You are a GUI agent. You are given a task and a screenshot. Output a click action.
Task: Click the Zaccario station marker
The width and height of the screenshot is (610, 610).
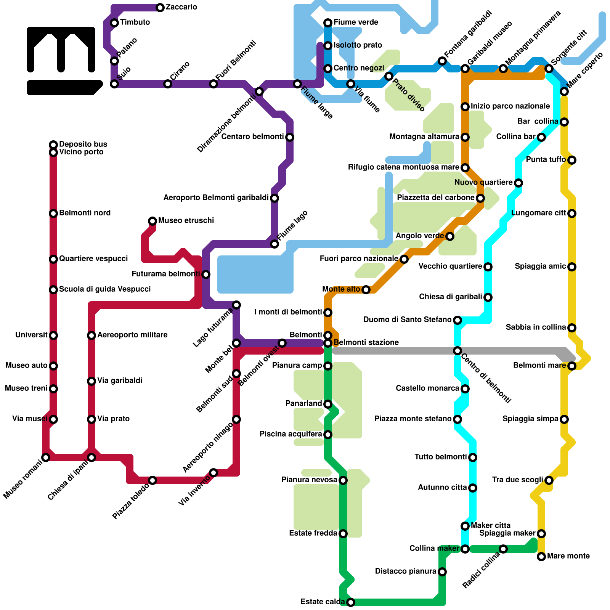pos(160,8)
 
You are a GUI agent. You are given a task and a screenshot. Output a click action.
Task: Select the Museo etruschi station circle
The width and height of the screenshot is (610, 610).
pos(152,221)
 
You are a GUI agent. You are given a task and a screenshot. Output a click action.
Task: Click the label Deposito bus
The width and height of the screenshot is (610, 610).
pos(83,144)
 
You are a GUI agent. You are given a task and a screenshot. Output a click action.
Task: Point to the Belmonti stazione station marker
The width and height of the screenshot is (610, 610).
pos(328,344)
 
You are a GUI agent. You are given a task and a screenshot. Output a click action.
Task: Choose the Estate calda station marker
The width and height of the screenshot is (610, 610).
pos(351,602)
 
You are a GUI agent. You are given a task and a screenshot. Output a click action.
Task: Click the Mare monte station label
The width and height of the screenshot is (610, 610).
pos(568,556)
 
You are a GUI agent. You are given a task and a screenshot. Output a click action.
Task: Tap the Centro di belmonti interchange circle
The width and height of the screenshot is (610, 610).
pos(457,351)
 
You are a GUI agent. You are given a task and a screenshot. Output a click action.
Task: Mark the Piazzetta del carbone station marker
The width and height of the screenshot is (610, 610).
pos(480,198)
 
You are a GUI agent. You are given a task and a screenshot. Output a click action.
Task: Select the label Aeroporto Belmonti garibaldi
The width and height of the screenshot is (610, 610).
pos(216,198)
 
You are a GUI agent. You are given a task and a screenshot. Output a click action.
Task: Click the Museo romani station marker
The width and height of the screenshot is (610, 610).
pos(46,457)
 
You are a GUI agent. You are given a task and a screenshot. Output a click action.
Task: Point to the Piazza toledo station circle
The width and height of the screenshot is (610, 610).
pos(152,480)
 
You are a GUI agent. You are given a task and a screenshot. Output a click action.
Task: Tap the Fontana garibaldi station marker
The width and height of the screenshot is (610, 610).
pos(442,61)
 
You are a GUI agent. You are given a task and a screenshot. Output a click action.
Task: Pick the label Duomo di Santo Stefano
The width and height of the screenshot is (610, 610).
pos(407,320)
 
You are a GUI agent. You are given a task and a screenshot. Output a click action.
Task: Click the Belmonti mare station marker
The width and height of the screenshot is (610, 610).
pos(572,366)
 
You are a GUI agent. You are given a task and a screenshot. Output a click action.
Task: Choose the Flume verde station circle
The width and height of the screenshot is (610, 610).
pos(328,23)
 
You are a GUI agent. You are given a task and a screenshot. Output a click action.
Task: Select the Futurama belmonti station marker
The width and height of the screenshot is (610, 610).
pos(206,274)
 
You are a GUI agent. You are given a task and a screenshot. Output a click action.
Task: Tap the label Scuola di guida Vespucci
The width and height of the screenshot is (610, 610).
pos(105,289)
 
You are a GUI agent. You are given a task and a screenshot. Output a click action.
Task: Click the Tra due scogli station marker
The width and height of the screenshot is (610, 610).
pos(549,480)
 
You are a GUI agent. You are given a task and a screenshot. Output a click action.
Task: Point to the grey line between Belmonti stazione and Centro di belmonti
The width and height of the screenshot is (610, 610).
pos(393,351)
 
